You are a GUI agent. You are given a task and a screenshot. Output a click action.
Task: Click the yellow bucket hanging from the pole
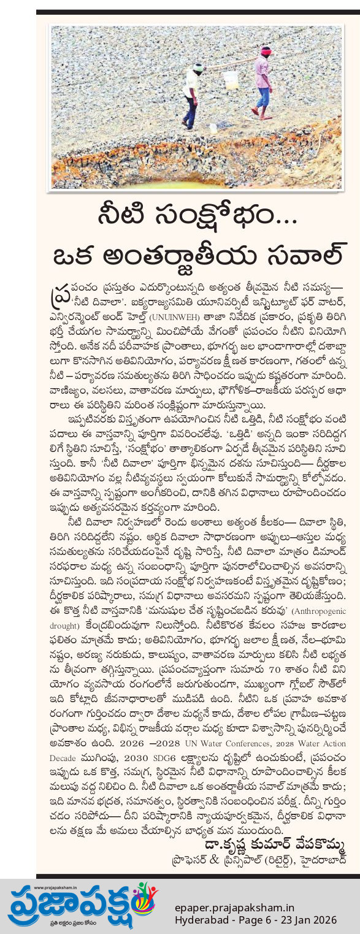230,79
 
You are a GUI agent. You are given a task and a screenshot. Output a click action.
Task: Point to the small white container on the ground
213,128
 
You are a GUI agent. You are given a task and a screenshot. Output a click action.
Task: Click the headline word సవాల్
295,250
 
